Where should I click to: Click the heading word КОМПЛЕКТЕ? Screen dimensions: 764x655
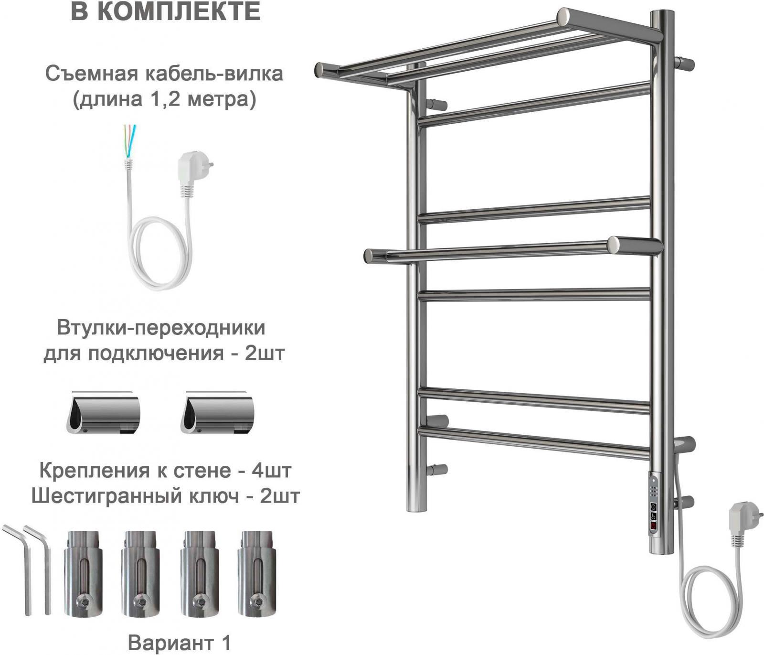point(182,11)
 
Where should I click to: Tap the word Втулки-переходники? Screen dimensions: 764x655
point(161,328)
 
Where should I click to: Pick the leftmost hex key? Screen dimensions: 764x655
point(17,569)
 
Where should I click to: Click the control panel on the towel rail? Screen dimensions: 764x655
point(653,513)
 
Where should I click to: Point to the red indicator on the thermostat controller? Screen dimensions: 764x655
point(653,526)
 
